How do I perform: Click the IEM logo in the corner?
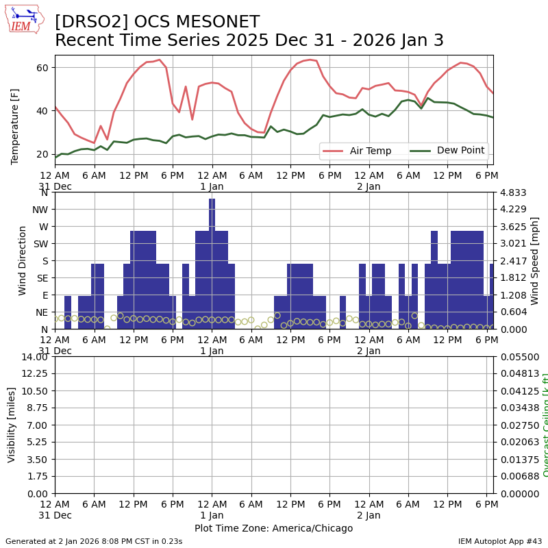click(x=24, y=18)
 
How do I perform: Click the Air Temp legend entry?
click(x=355, y=151)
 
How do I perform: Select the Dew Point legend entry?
click(x=447, y=151)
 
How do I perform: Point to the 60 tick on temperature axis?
click(x=42, y=67)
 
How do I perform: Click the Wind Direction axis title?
click(x=23, y=260)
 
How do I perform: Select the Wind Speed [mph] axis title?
click(x=535, y=260)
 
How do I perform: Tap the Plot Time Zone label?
click(x=273, y=528)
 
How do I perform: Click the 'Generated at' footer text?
click(x=94, y=541)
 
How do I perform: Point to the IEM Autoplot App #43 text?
click(x=500, y=541)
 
